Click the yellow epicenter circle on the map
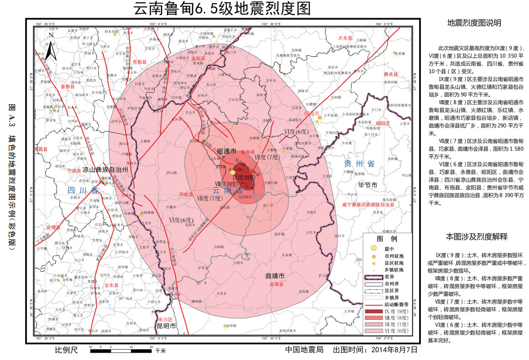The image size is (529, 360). click(x=233, y=172)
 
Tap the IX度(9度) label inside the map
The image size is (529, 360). click(x=243, y=177)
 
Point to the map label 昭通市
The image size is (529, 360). click(x=226, y=151)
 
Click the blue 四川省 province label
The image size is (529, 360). click(x=83, y=190)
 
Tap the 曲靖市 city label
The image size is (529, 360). click(x=275, y=276)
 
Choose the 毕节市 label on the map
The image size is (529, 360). click(x=368, y=185)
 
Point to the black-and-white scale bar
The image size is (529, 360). click(x=121, y=350)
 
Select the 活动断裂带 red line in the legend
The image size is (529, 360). click(x=374, y=304)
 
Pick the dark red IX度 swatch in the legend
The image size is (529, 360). click(x=374, y=311)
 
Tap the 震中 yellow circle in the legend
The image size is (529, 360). click(x=374, y=248)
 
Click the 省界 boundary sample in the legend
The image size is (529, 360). click(x=374, y=276)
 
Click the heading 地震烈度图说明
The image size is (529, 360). click(x=474, y=23)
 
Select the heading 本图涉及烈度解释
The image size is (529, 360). click(x=477, y=237)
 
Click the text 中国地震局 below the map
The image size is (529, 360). click(x=304, y=350)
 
